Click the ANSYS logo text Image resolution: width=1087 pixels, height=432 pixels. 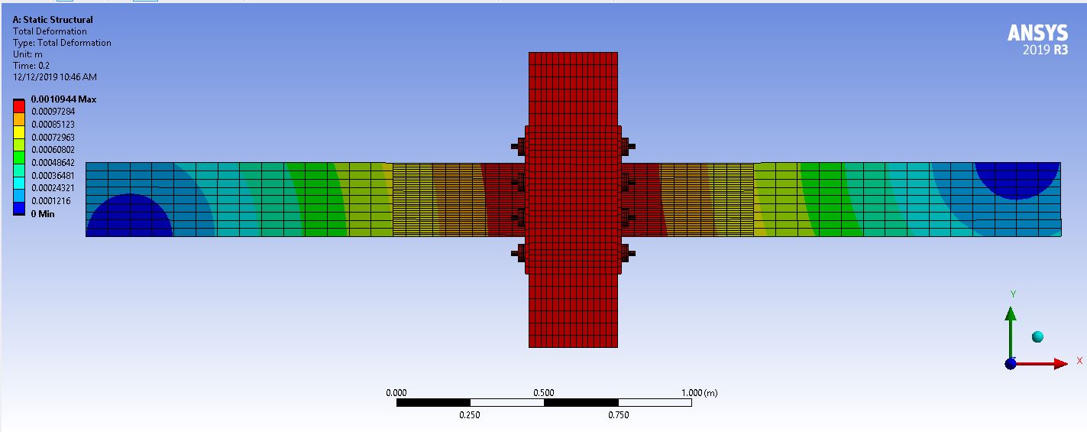click(x=1037, y=33)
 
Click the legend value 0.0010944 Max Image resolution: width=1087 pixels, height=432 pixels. click(x=63, y=99)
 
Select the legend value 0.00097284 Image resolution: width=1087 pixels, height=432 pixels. click(x=53, y=112)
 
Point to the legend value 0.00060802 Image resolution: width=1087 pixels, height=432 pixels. click(x=53, y=150)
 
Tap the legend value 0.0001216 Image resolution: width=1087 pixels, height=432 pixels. click(x=51, y=200)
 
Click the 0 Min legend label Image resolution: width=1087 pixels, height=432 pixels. click(x=43, y=214)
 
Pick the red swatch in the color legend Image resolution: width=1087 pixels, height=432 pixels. click(x=19, y=106)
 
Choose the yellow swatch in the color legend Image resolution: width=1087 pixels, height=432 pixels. click(x=19, y=132)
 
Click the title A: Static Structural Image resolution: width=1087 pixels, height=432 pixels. click(x=53, y=20)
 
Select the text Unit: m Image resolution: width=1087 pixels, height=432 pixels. click(x=27, y=54)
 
